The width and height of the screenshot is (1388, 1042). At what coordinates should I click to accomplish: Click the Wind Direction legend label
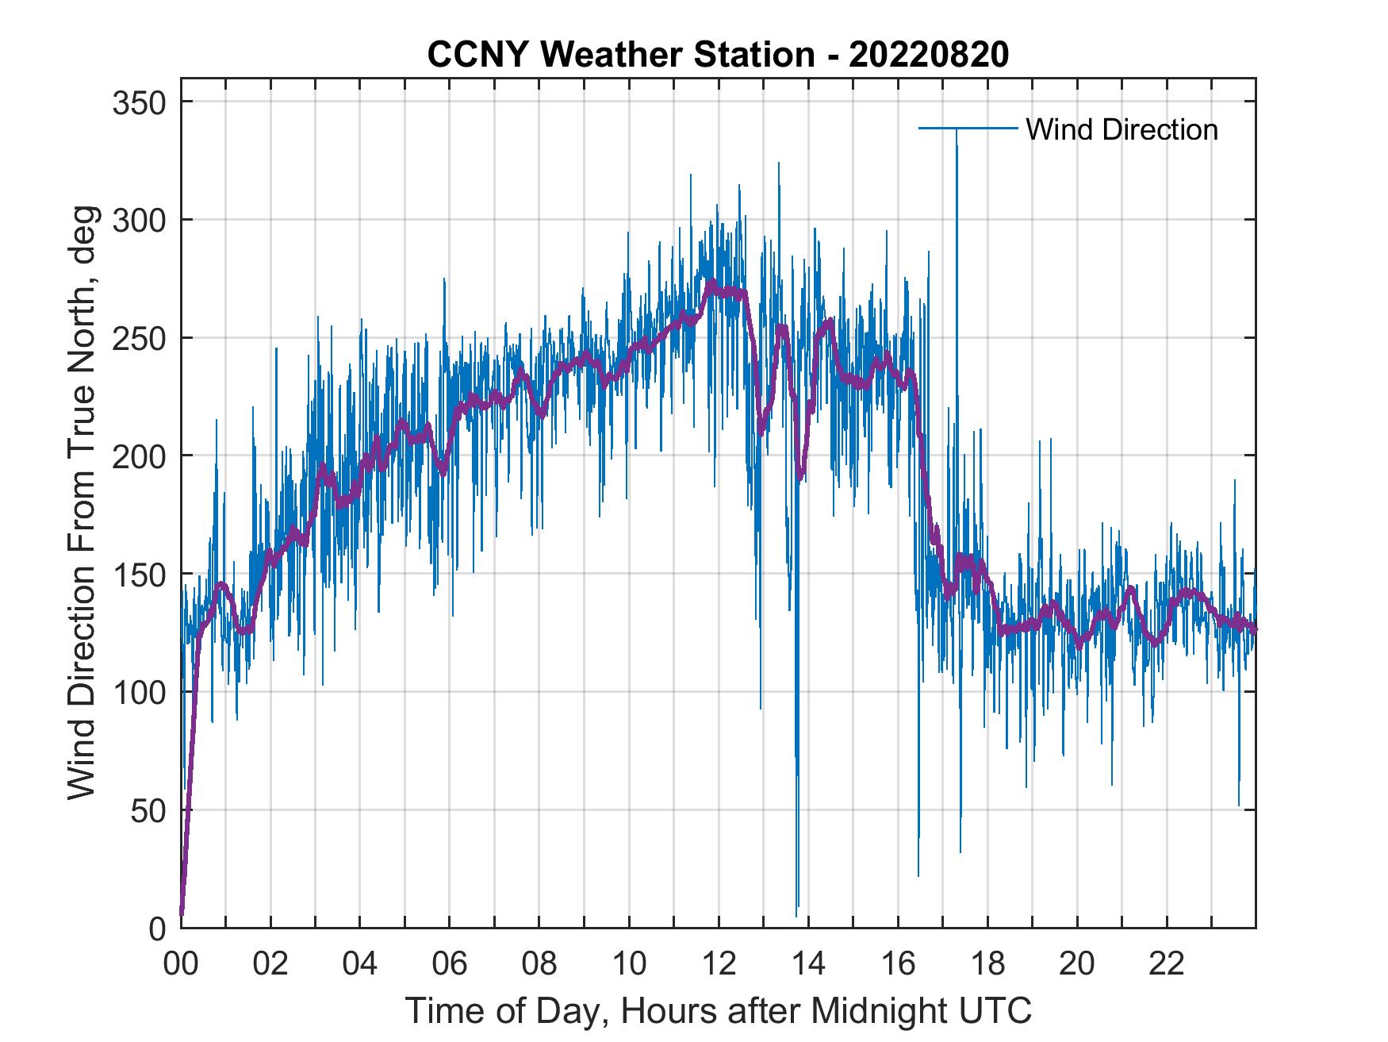1122,129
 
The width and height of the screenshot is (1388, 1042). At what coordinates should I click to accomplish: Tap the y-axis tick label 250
138,338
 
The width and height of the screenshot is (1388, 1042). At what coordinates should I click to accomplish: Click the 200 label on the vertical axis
138,456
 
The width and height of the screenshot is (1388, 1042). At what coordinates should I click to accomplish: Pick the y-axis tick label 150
138,574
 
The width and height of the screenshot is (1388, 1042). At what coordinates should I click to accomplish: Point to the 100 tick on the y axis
138,692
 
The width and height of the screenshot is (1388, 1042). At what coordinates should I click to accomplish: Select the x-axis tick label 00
181,964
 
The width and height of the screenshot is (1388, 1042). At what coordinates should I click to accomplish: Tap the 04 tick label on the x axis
360,964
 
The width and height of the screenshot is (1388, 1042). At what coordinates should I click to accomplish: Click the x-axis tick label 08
539,964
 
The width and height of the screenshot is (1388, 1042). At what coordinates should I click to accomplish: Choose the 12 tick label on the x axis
719,964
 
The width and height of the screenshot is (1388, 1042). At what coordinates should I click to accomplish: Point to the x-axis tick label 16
898,964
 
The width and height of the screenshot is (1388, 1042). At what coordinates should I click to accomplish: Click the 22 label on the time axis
1167,964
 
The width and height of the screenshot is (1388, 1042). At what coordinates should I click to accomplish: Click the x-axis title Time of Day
719,1010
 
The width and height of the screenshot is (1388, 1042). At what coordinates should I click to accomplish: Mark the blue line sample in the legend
968,129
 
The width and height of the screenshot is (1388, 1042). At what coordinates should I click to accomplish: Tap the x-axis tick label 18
987,964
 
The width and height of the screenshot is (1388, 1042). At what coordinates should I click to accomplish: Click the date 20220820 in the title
929,55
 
